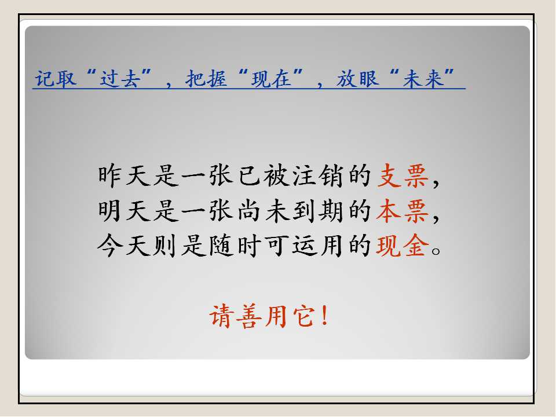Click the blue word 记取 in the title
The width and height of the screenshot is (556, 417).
[56, 78]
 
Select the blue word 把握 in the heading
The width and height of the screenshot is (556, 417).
[206, 78]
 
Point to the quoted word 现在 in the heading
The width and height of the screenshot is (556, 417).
[271, 78]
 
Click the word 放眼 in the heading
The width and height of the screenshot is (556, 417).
[358, 78]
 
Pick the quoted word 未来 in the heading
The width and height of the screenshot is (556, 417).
[423, 78]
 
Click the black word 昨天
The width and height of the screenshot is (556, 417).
[125, 175]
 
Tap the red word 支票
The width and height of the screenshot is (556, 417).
[403, 175]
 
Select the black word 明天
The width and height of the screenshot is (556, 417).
[125, 211]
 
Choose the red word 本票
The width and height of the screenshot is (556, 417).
[403, 211]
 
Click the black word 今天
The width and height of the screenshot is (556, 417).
[125, 246]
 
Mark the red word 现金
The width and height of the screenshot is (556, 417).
[403, 246]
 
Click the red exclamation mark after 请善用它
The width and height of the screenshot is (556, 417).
[324, 316]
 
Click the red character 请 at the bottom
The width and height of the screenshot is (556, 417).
[222, 316]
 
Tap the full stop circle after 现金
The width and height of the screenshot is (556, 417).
[436, 251]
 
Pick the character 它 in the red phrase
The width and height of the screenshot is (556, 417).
[304, 316]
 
